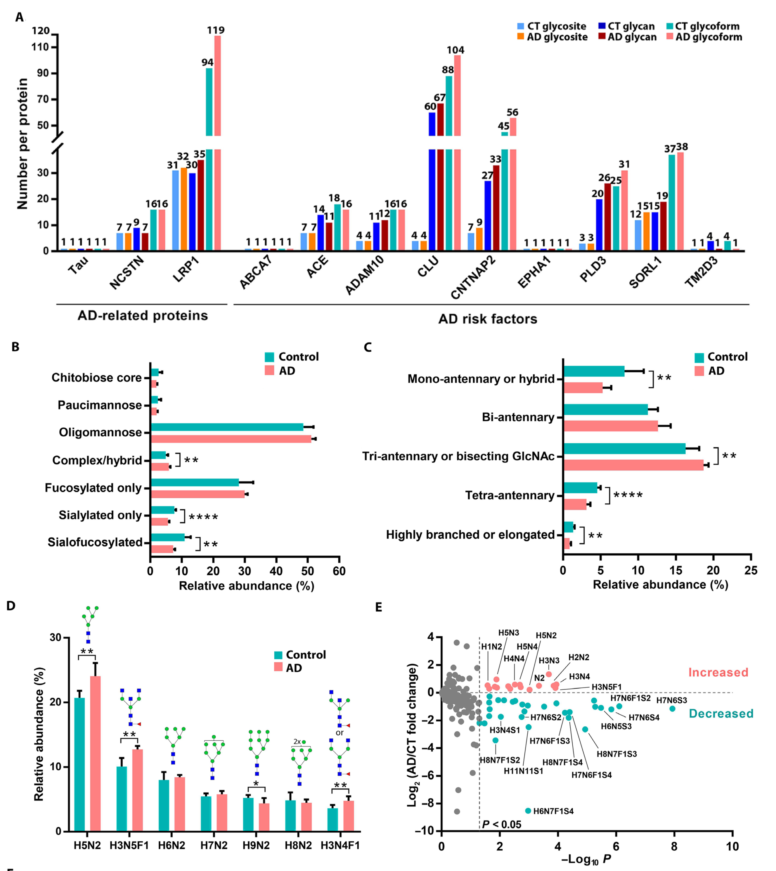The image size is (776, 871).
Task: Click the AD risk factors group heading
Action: (487, 319)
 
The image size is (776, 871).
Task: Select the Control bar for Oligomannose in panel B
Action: (227, 427)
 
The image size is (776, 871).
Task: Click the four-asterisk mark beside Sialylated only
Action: (203, 517)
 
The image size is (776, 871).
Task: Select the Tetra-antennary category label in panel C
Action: (510, 495)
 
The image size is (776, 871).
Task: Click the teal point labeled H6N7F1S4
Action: (528, 810)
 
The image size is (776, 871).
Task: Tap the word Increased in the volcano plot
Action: (718, 672)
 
